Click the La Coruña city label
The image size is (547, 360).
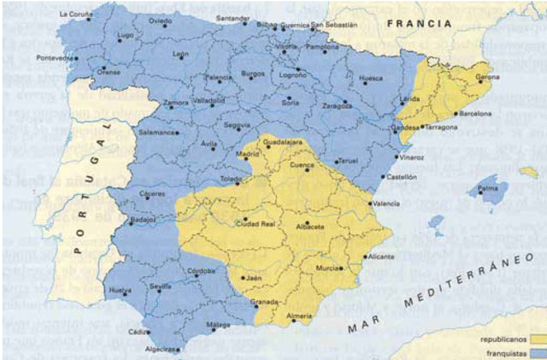76,15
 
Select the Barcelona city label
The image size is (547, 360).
476,113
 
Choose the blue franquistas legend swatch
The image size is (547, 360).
537,351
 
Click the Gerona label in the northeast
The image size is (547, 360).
487,77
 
